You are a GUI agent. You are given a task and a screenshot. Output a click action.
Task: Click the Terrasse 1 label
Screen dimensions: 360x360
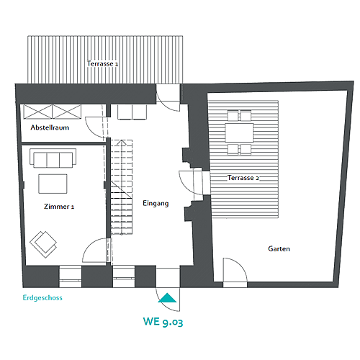[x=102, y=63]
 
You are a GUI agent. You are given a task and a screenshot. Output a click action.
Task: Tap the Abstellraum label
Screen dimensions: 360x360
[x=50, y=127]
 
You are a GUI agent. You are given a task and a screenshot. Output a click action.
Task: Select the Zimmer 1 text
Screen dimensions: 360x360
[x=59, y=207]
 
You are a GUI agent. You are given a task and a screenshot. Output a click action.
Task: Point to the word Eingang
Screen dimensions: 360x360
[x=156, y=204]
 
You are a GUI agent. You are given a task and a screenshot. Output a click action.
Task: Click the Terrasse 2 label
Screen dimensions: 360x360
[x=243, y=178]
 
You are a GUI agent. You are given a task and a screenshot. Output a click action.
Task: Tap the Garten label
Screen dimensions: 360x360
[x=279, y=248]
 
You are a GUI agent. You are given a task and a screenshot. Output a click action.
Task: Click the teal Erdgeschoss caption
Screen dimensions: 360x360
[x=42, y=298]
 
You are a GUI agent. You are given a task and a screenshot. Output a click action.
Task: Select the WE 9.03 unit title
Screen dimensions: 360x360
[x=163, y=322]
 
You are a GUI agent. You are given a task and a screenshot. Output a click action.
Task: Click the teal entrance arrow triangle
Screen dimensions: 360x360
[x=167, y=297]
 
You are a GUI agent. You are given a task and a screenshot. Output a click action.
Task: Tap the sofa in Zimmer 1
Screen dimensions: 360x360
[x=53, y=158]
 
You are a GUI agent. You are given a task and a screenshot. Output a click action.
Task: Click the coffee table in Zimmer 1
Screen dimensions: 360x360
[x=53, y=184]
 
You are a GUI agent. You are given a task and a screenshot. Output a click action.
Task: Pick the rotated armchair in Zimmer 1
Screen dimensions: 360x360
[x=43, y=244]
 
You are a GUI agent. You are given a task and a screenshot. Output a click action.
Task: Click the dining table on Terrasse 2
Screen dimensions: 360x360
[x=239, y=132]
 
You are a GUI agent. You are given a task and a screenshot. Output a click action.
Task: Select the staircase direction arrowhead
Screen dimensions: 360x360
[x=122, y=142]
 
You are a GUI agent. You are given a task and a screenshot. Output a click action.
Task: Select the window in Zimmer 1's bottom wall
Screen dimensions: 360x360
[x=71, y=276]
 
